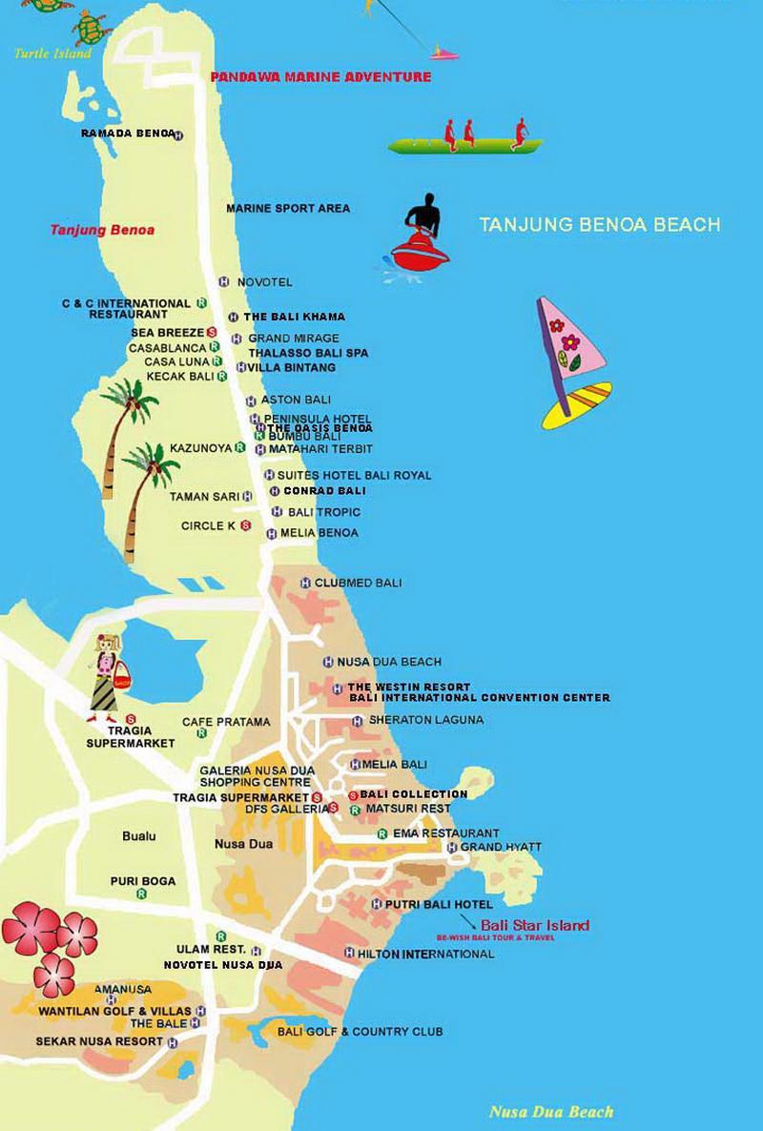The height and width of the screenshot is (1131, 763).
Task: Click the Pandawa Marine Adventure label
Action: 320,77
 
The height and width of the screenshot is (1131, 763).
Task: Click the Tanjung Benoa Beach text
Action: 599,225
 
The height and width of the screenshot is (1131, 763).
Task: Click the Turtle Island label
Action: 53,53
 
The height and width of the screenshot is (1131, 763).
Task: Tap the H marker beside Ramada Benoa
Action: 177,134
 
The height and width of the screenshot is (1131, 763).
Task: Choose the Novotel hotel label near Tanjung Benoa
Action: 264,282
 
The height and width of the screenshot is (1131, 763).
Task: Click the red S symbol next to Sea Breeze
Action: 212,333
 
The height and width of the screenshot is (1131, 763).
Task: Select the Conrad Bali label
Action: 324,491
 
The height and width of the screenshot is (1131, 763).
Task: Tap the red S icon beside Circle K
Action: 245,525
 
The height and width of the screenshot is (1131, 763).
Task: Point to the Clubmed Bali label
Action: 358,583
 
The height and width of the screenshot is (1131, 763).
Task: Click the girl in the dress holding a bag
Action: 106,677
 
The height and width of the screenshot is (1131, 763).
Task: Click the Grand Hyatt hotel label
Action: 500,847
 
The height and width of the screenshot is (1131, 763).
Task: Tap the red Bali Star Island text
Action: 534,925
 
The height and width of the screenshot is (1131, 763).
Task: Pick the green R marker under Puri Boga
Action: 141,894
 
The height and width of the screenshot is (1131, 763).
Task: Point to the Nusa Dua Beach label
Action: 550,1112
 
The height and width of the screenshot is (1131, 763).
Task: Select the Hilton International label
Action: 426,954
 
